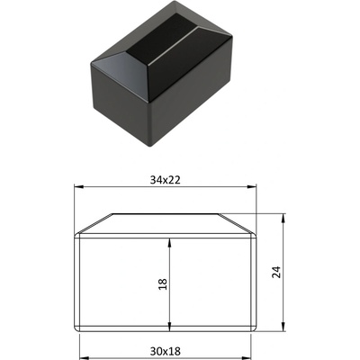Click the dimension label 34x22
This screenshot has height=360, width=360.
click(166, 180)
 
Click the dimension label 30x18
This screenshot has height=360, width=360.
click(166, 351)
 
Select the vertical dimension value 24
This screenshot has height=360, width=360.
click(276, 272)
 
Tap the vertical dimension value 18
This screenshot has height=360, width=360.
click(162, 284)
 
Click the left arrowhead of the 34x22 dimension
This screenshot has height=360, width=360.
click(78, 187)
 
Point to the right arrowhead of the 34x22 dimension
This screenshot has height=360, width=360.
click(251, 187)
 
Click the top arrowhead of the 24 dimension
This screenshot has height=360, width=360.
click(283, 218)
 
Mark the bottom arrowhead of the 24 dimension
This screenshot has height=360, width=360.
click(283, 327)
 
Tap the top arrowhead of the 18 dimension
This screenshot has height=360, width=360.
click(170, 243)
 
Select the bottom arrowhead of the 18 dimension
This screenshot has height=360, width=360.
click(170, 328)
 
